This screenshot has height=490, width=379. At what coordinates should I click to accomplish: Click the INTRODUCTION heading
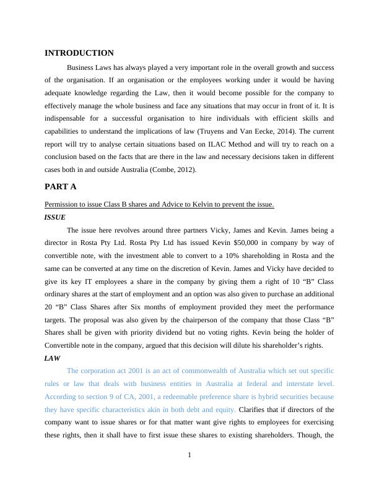tap(79, 53)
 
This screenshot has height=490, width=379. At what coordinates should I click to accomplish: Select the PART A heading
tap(60, 186)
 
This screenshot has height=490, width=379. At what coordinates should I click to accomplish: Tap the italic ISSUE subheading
tap(55, 217)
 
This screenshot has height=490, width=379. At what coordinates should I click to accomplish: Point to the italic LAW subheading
tap(53, 358)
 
